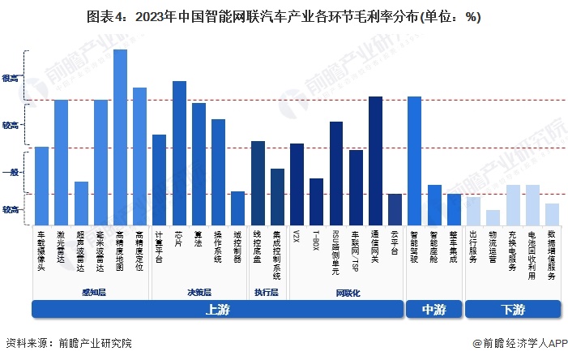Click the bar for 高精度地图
coord(120,137)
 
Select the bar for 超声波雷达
coord(81,204)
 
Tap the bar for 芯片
coord(179,153)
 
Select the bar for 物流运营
coord(493,217)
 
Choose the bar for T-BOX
coord(316,202)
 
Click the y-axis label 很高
coord(11,79)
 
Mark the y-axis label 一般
coord(11,172)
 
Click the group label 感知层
coord(92,292)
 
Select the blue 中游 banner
coord(433,310)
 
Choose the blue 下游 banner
coord(512,310)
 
